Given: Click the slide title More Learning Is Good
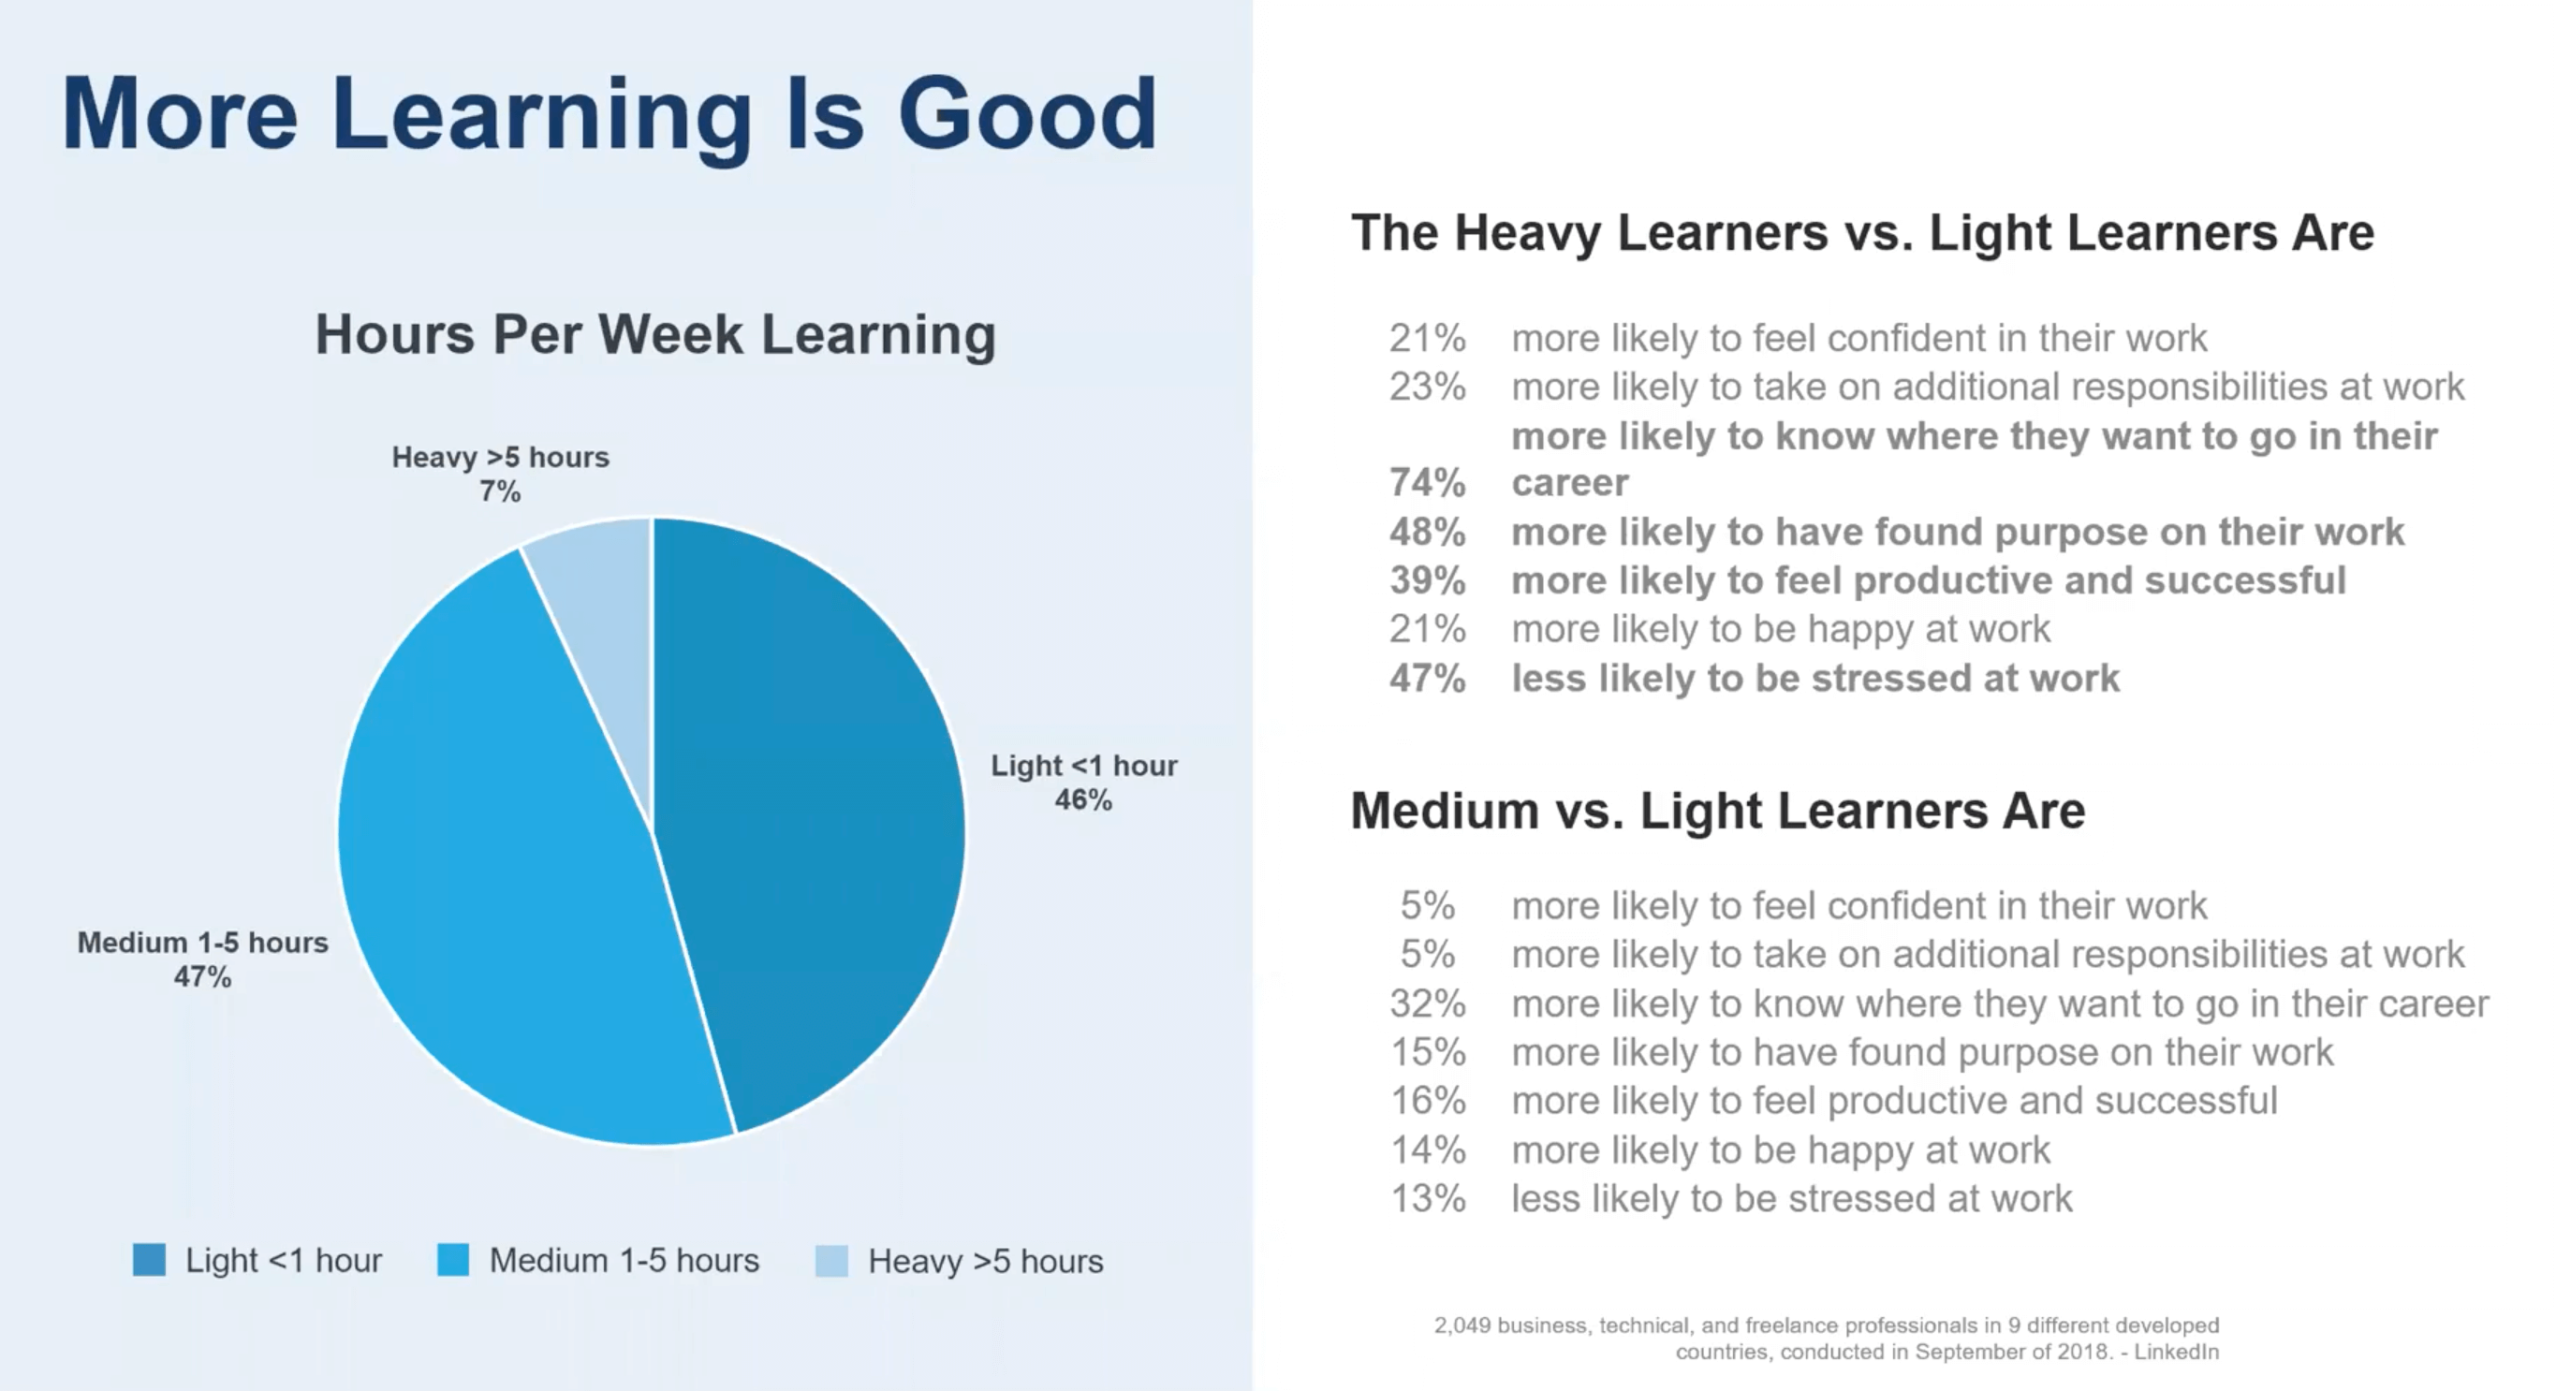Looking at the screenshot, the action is point(610,115).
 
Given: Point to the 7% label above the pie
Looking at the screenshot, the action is point(500,491).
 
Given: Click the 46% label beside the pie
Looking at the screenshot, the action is point(1083,799).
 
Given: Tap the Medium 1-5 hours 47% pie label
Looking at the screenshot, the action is point(202,959).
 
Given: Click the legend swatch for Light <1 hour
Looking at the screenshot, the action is point(149,1260).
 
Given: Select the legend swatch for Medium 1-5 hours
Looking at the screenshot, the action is point(452,1260).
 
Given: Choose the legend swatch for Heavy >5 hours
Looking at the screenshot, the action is point(831,1261).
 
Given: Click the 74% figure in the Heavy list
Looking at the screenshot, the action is point(1427,483).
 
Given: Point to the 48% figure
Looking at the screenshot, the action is point(1427,533).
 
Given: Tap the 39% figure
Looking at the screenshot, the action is point(1427,580).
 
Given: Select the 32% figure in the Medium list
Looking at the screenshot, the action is point(1427,1004).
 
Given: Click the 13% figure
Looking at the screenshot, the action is point(1427,1198).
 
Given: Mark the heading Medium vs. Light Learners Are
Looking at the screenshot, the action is point(1717,811).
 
